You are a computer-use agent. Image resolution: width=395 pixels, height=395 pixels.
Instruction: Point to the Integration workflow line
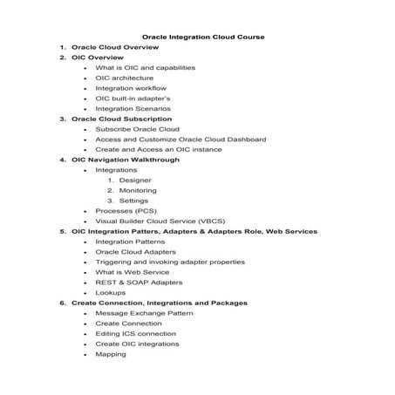click(131, 88)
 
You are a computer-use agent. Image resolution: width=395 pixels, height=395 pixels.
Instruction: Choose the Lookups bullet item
click(111, 293)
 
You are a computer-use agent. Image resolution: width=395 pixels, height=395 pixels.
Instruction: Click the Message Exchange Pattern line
click(144, 313)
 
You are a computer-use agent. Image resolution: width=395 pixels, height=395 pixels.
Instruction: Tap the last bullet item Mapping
click(111, 354)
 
